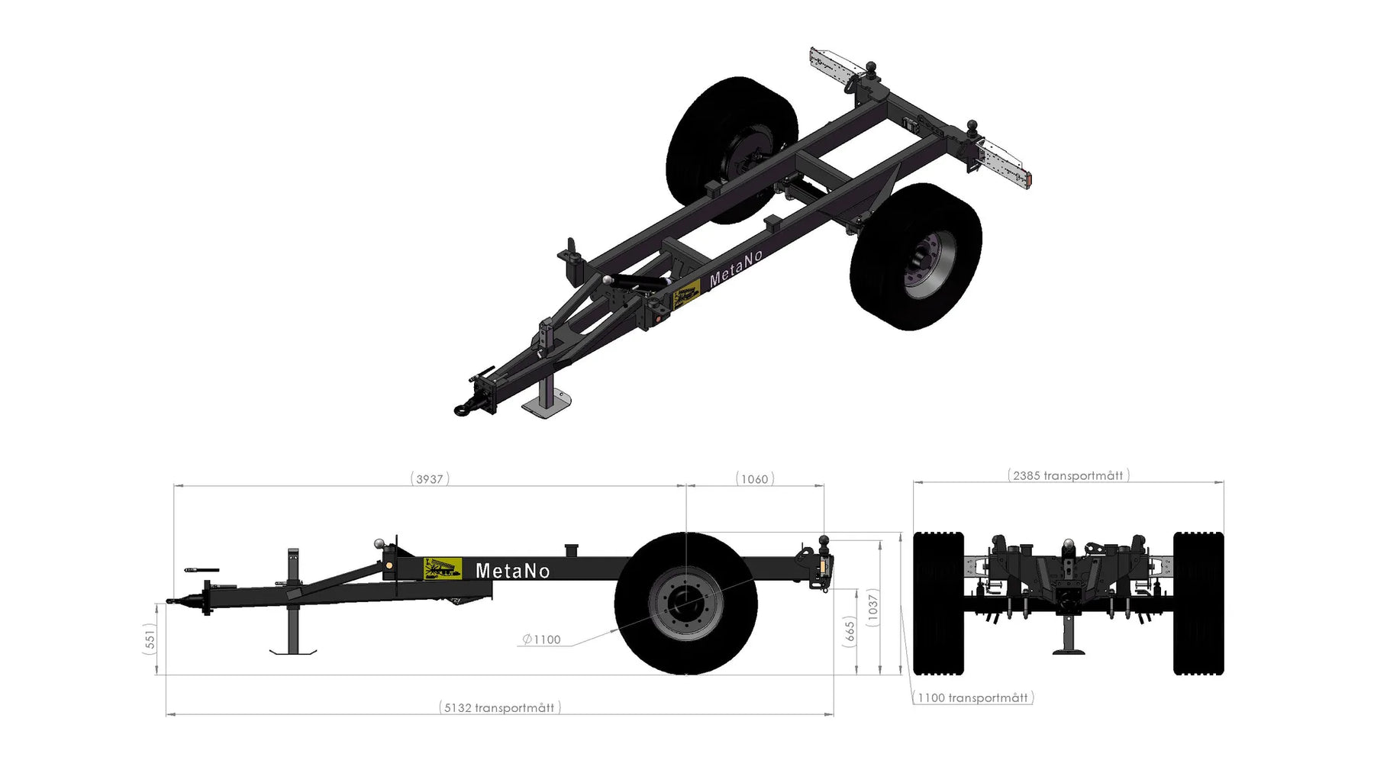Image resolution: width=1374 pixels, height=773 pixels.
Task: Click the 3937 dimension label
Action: pyautogui.click(x=430, y=479)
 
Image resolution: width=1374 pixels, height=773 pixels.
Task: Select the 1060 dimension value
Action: pyautogui.click(x=755, y=479)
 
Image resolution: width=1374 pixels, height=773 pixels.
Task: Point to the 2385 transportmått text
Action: pyautogui.click(x=1068, y=476)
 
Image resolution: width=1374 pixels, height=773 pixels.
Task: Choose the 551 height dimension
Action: pyautogui.click(x=150, y=638)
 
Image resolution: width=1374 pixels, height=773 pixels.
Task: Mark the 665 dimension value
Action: pyautogui.click(x=850, y=633)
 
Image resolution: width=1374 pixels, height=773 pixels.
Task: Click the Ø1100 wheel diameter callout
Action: pyautogui.click(x=542, y=639)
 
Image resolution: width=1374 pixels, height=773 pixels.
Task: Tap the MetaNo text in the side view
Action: pyautogui.click(x=512, y=571)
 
